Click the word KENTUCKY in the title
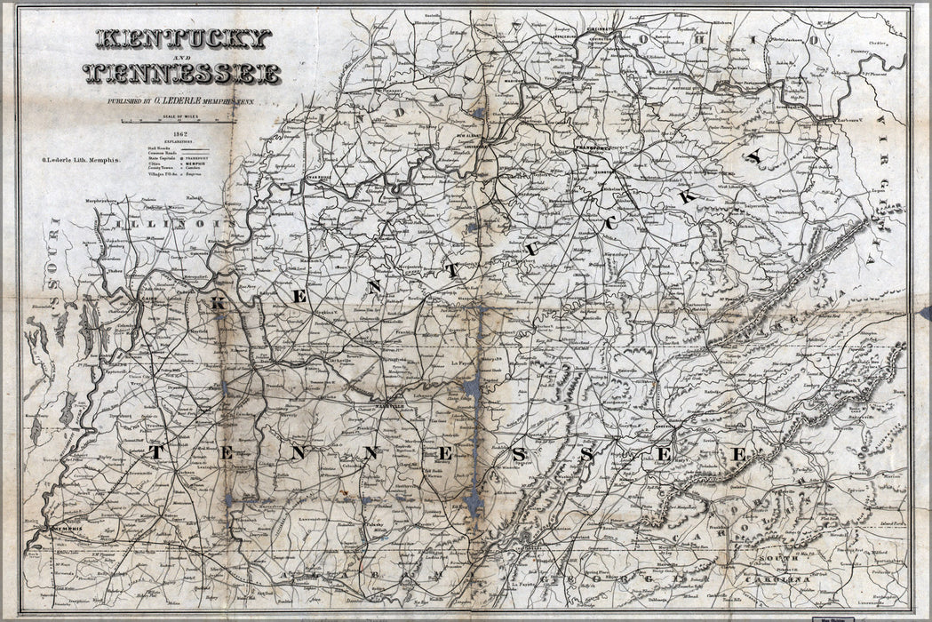182,39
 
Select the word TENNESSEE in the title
182,74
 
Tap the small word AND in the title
181,57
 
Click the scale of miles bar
181,122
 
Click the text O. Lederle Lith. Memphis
80,161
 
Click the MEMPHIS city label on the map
71,529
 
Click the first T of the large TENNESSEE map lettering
155,452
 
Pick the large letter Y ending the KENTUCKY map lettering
754,156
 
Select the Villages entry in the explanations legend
161,175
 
